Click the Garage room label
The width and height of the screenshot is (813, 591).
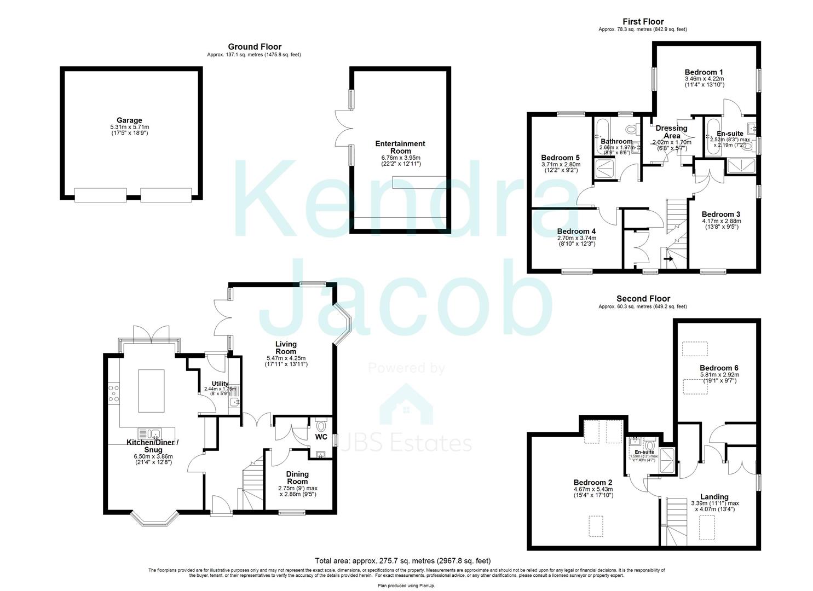(x=129, y=120)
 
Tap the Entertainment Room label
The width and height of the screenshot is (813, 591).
(x=400, y=147)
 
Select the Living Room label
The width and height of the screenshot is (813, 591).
(x=286, y=347)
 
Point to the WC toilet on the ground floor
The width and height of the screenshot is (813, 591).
(x=321, y=425)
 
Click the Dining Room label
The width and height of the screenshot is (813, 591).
(x=297, y=478)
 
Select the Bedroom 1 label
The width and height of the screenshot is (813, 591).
(x=704, y=72)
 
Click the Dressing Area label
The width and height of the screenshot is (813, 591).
(x=671, y=132)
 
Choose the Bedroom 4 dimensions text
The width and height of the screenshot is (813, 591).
(x=576, y=241)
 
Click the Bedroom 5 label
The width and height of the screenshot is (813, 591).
(x=561, y=158)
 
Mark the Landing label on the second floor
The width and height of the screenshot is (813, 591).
(x=714, y=497)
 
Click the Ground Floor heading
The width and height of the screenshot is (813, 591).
(x=255, y=47)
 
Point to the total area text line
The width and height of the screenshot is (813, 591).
(x=402, y=561)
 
